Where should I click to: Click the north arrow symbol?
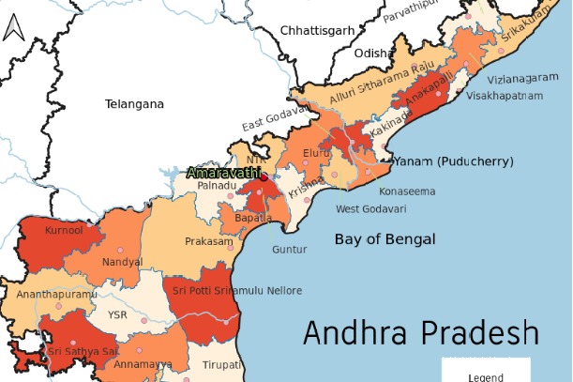pos(11,29)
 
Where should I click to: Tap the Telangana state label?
pos(134,104)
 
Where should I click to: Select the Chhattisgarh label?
pos(317,30)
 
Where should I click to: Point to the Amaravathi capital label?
pos(224,173)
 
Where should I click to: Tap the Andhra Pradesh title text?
pos(421,333)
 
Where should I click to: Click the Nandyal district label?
pos(124,261)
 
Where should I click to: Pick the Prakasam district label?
pos(208,241)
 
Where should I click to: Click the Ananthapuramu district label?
pos(56,295)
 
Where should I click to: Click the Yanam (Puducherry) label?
pos(454,162)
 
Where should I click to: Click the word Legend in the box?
pos(486,376)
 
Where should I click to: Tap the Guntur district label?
pos(289,250)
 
